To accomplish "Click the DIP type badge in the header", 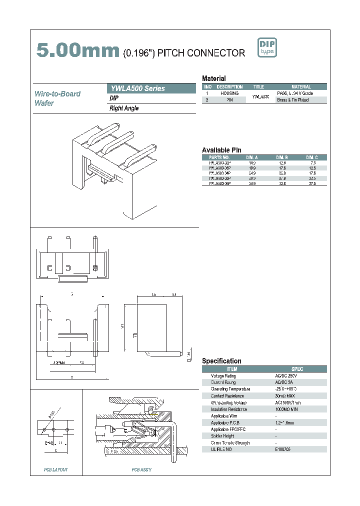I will coord(266,47).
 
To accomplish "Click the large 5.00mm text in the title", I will coord(78,50).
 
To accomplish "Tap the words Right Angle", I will coord(124,108).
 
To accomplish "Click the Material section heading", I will coord(213,78).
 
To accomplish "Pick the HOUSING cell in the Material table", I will coord(229,93).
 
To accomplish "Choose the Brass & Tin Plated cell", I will coord(293,100).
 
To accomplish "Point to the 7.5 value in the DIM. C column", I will coord(313,163).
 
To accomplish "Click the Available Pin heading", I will coord(221,150).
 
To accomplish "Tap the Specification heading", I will coord(221,361).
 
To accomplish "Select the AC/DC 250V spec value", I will coord(285,375).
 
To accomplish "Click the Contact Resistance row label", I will coord(224,395).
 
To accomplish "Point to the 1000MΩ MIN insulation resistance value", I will coord(286,409).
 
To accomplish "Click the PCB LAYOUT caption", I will coord(55,469).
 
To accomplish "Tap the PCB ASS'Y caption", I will coord(141,469).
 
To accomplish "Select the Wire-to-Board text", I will coord(57,94).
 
